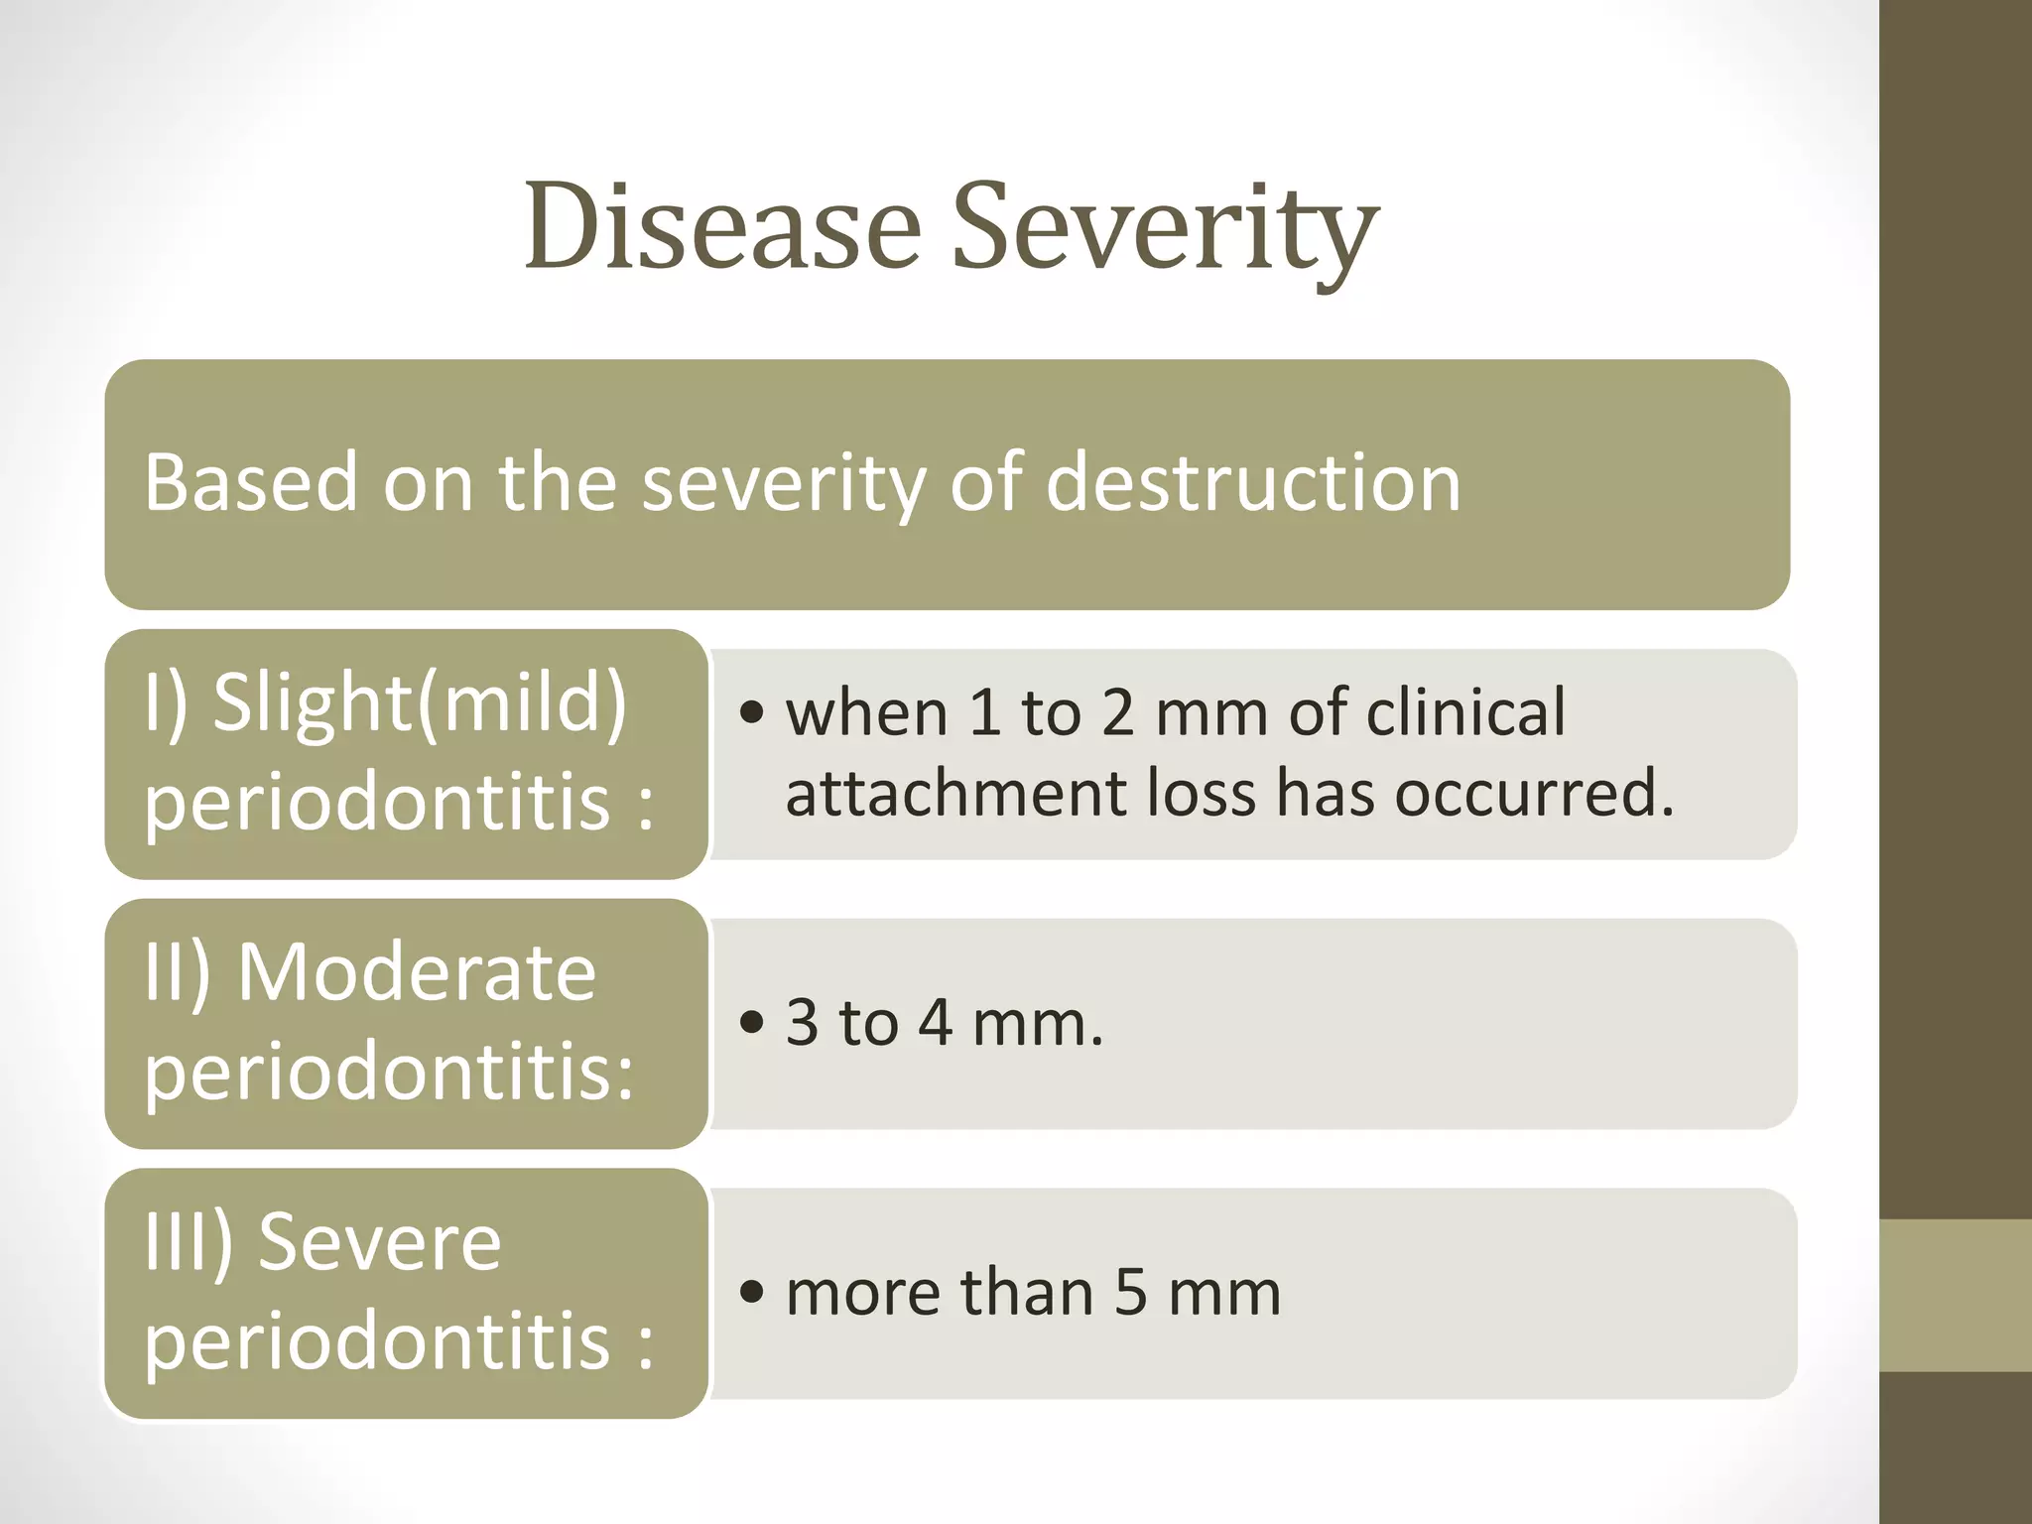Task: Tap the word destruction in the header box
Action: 1252,483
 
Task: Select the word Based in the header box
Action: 250,483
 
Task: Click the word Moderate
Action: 417,972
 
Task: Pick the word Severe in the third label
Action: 379,1241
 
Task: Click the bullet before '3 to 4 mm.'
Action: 753,1023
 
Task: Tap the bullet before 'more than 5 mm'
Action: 753,1293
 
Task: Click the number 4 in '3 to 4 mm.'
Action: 935,1023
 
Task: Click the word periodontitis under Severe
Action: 377,1340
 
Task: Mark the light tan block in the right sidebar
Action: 1956,1296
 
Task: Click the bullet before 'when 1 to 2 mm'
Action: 753,713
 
